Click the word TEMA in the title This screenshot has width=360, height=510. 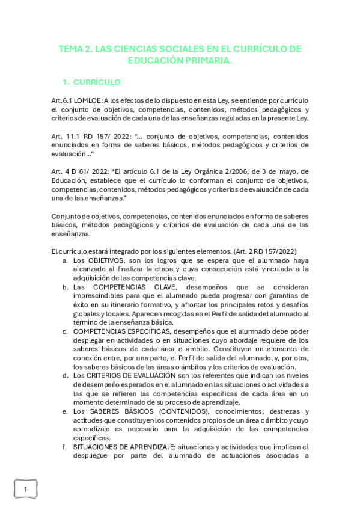coord(70,49)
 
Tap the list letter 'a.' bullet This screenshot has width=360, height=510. coord(64,260)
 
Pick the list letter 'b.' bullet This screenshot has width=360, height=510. coord(64,287)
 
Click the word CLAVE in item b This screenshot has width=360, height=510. coord(159,287)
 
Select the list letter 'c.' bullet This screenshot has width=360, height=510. coord(64,331)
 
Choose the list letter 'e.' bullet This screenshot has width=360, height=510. coord(64,411)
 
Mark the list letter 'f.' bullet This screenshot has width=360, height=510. coord(64,447)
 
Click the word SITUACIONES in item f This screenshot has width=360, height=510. coord(98,447)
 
